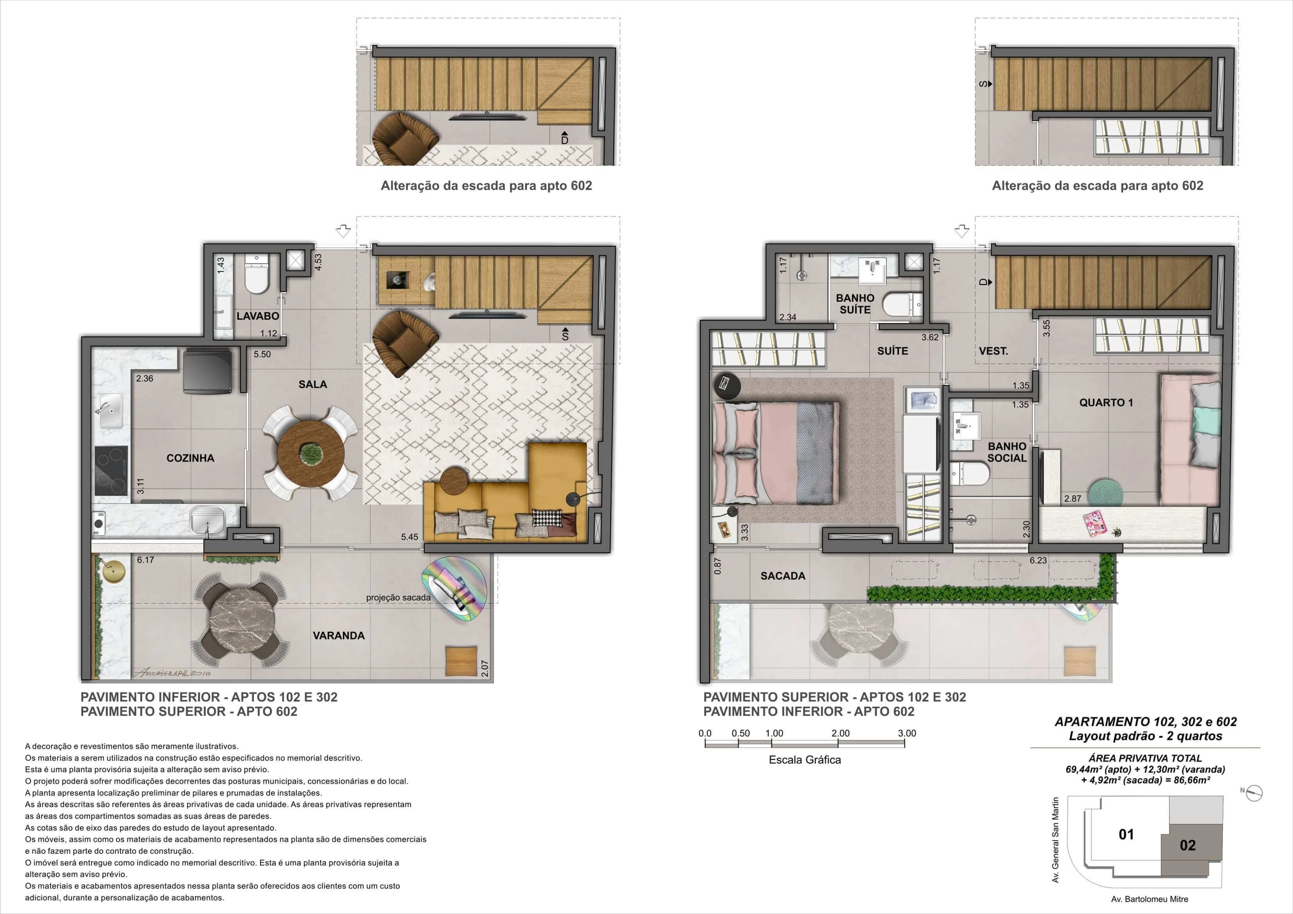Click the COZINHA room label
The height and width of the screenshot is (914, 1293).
tap(190, 458)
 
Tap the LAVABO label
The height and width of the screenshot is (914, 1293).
tap(257, 316)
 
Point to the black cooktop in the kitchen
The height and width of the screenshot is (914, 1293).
tap(111, 471)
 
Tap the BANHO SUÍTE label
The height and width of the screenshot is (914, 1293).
tap(855, 303)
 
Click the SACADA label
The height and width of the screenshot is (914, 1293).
tap(783, 575)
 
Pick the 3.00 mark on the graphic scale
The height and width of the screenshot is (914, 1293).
tap(907, 733)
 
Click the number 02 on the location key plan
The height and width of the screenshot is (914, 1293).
tap(1188, 845)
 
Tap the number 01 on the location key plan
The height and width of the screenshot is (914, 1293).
tap(1126, 834)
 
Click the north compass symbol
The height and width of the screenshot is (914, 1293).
tap(1255, 793)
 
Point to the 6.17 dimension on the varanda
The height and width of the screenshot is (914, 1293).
tap(145, 560)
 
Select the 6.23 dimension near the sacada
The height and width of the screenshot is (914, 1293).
tap(1038, 560)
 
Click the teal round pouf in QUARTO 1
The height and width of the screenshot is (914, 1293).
tap(1104, 491)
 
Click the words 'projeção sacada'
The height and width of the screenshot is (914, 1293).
tap(398, 597)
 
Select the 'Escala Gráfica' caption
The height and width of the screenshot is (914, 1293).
tap(805, 760)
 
